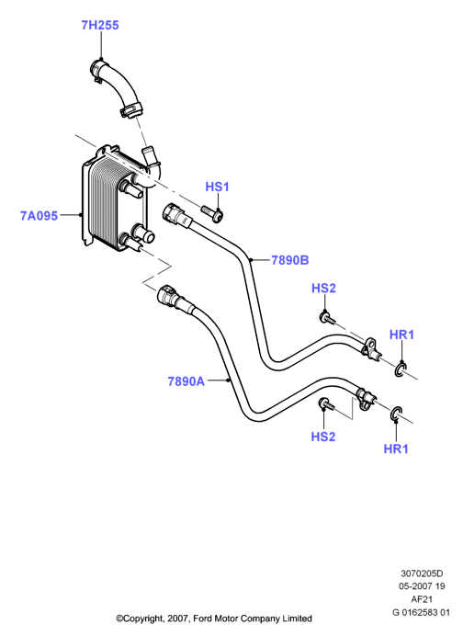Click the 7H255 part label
coord(100,25)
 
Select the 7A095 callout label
coord(40,215)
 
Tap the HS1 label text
coord(218,187)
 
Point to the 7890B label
coord(290,260)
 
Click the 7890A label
coord(186,381)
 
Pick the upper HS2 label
coord(323,289)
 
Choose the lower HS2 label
coord(323,437)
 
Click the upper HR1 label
coord(401,335)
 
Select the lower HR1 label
coord(396,449)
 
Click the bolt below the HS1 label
coord(212,213)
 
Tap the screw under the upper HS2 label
coord(328,318)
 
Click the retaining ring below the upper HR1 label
coord(400,369)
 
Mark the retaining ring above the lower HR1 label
coord(396,414)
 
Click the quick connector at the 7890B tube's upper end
coord(175,214)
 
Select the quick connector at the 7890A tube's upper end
coord(171,297)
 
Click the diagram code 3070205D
coord(422,574)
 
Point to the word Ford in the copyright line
coord(202,619)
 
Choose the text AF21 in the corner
coord(422,599)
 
